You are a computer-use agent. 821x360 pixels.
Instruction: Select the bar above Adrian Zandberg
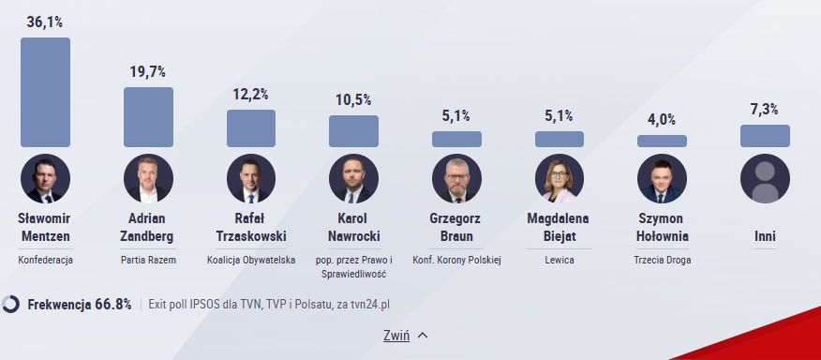click(x=148, y=117)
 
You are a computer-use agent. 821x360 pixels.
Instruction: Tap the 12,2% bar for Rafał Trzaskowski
click(x=251, y=128)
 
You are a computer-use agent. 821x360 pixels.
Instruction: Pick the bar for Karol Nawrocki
click(x=353, y=131)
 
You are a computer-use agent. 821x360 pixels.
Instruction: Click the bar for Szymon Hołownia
click(x=662, y=141)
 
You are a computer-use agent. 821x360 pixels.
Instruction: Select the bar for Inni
click(x=765, y=136)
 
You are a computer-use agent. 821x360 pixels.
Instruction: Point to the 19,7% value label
click(x=148, y=71)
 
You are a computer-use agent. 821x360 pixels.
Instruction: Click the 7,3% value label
click(x=765, y=109)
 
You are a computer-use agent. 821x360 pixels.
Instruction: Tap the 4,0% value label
click(x=662, y=119)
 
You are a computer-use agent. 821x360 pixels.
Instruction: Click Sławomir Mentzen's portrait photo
click(x=45, y=178)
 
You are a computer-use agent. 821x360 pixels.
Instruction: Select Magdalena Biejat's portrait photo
click(x=560, y=178)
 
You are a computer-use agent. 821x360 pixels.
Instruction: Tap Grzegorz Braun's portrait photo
click(x=456, y=178)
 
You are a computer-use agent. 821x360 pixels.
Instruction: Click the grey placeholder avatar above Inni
click(x=765, y=178)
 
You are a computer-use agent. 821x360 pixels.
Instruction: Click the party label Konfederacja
click(x=45, y=260)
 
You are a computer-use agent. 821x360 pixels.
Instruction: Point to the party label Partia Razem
click(x=148, y=260)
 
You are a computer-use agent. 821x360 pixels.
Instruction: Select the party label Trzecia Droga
click(x=662, y=260)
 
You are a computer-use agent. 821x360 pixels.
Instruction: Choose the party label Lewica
click(x=560, y=260)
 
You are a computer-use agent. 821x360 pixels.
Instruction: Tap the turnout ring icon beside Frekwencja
click(x=11, y=304)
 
